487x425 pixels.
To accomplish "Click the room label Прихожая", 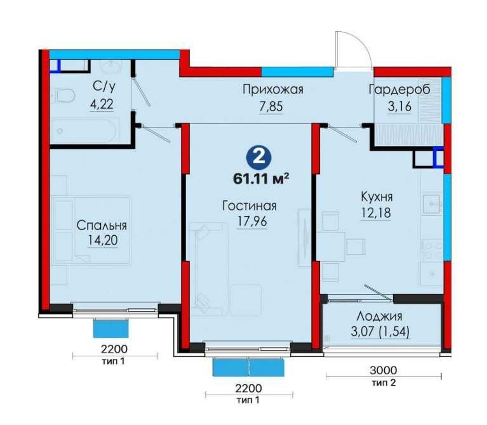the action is pyautogui.click(x=273, y=90).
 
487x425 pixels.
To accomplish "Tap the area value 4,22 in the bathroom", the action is pyautogui.click(x=101, y=104).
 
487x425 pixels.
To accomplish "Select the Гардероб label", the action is pyautogui.click(x=399, y=89).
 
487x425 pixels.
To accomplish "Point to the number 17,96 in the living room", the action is pyautogui.click(x=252, y=221).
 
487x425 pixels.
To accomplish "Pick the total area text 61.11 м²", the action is pyautogui.click(x=261, y=179).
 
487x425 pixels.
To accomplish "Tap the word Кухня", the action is pyautogui.click(x=377, y=197).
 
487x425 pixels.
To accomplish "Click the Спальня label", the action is pyautogui.click(x=101, y=226).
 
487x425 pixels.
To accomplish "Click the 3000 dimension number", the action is pyautogui.click(x=383, y=370).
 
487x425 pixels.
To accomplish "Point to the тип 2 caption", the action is pyautogui.click(x=384, y=383).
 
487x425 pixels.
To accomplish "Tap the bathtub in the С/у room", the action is pyautogui.click(x=84, y=130).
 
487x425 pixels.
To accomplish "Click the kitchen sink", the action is pyautogui.click(x=431, y=204).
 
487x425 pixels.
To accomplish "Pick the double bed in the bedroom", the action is pyautogui.click(x=91, y=230).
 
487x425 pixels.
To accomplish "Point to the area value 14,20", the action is pyautogui.click(x=103, y=240).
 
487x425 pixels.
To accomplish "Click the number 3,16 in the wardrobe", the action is pyautogui.click(x=399, y=106).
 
